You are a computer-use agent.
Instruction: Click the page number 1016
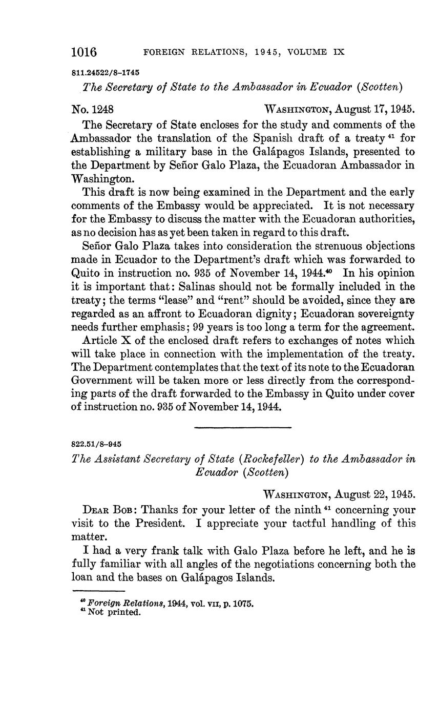84,52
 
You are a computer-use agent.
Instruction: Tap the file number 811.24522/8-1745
106,73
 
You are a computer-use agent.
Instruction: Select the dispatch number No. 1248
93,109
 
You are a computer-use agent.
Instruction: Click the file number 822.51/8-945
97,444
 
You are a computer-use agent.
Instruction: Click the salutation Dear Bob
109,510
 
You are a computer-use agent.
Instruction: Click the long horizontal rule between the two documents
243,427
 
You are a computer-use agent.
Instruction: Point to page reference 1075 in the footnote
243,604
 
